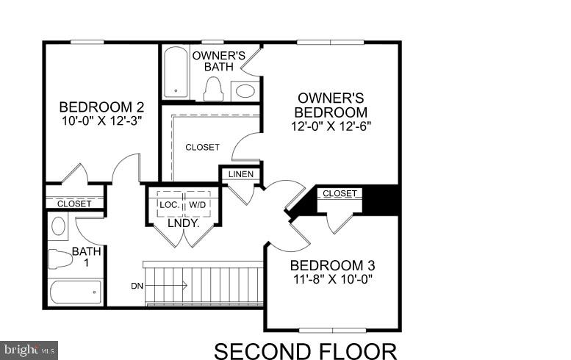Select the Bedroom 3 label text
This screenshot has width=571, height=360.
click(327, 265)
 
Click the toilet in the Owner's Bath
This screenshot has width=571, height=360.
click(214, 88)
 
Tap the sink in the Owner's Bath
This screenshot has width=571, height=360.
click(245, 91)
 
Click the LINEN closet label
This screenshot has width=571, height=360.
click(241, 174)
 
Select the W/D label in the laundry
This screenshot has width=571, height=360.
click(198, 204)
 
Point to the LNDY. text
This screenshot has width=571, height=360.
click(184, 222)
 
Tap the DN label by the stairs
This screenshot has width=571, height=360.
click(137, 285)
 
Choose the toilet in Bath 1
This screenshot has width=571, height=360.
click(59, 258)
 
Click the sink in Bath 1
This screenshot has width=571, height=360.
click(59, 225)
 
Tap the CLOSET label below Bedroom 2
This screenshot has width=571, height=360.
click(74, 204)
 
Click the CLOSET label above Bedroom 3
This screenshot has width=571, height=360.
click(340, 193)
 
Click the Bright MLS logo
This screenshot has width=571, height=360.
click(29, 350)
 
